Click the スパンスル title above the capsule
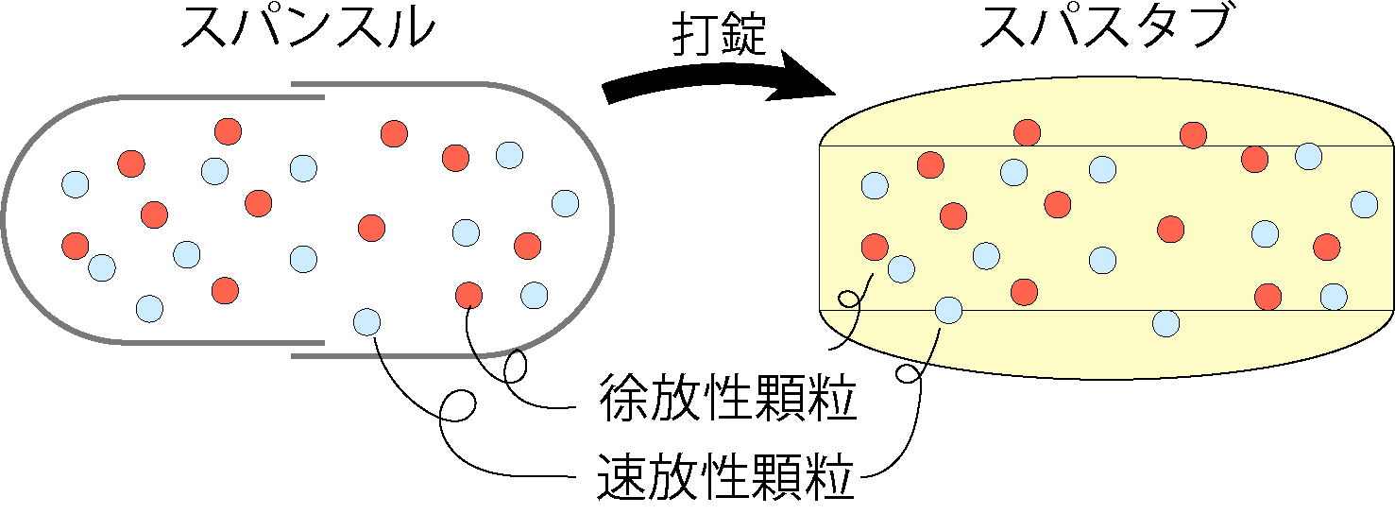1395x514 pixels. pyautogui.click(x=308, y=28)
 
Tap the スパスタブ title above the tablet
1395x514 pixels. pyautogui.click(x=1105, y=28)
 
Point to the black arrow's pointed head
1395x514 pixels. pyautogui.click(x=835, y=94)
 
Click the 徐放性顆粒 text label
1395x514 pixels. pyautogui.click(x=727, y=398)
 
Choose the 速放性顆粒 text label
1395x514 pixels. pyautogui.click(x=725, y=477)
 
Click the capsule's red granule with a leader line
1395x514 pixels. pyautogui.click(x=469, y=296)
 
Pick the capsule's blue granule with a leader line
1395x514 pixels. pyautogui.click(x=366, y=322)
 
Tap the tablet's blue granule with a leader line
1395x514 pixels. pyautogui.click(x=948, y=310)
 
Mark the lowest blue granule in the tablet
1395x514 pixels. pyautogui.click(x=1165, y=323)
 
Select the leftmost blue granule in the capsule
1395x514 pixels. pyautogui.click(x=76, y=184)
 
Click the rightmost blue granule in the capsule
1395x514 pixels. pyautogui.click(x=566, y=203)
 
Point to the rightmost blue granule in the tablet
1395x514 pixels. pyautogui.click(x=1365, y=204)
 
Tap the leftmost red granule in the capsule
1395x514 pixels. pyautogui.click(x=76, y=246)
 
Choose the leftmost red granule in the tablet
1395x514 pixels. pyautogui.click(x=875, y=247)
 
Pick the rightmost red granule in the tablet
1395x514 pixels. pyautogui.click(x=1326, y=247)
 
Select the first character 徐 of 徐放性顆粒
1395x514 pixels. pyautogui.click(x=622, y=398)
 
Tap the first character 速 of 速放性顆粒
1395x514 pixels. pyautogui.click(x=621, y=477)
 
